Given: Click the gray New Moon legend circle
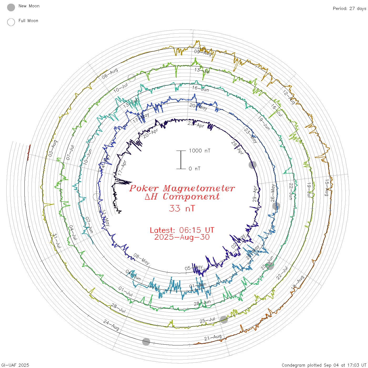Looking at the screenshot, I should click(x=11, y=8).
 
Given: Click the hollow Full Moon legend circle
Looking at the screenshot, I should click(x=11, y=22).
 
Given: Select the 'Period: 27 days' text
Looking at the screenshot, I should click(x=349, y=9).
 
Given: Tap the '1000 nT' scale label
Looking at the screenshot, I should click(x=200, y=151).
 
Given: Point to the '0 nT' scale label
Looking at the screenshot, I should click(x=195, y=169).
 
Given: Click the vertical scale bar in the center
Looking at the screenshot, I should click(x=181, y=160).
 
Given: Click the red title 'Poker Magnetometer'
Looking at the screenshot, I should click(x=182, y=188).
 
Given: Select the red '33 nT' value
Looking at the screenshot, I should click(x=182, y=208).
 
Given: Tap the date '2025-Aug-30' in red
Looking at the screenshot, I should click(x=182, y=237).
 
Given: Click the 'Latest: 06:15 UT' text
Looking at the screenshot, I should click(x=182, y=230).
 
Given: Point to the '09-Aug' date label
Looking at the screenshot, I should click(x=203, y=53).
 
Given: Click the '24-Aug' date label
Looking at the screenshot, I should click(x=111, y=325).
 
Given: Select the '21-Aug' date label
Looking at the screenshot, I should click(x=213, y=338).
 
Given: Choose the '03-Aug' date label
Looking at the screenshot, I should click(x=53, y=149).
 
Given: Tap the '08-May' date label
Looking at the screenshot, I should click(x=141, y=259).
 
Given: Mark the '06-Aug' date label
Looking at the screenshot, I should click(x=110, y=74).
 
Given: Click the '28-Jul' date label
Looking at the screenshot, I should click(x=118, y=308).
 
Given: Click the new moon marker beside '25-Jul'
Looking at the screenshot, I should click(x=224, y=319).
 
